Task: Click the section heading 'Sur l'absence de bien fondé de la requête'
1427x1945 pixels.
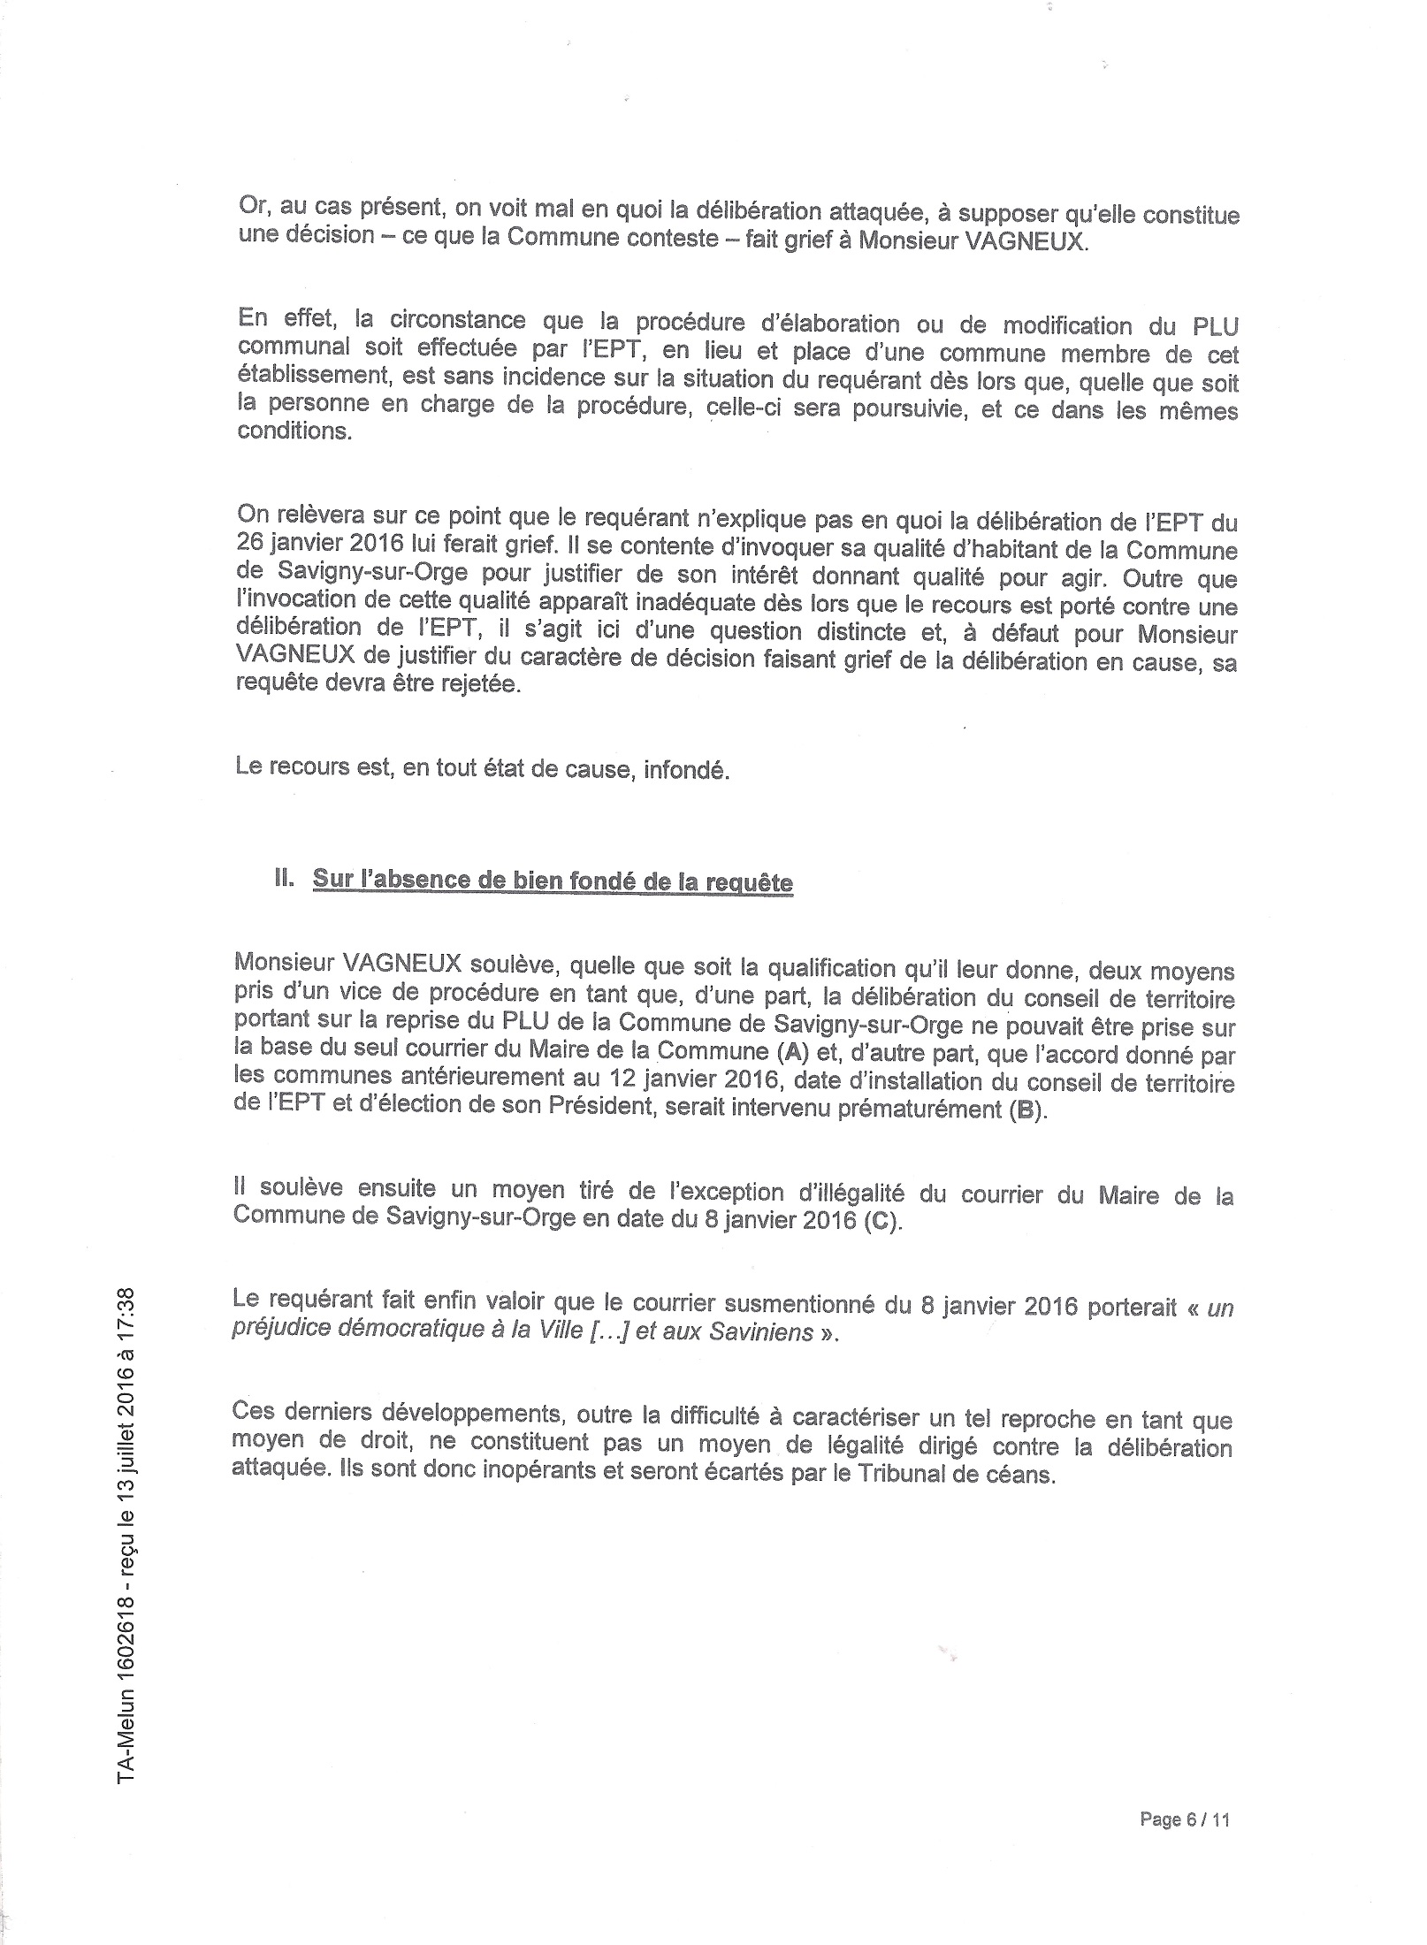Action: [x=553, y=882]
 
